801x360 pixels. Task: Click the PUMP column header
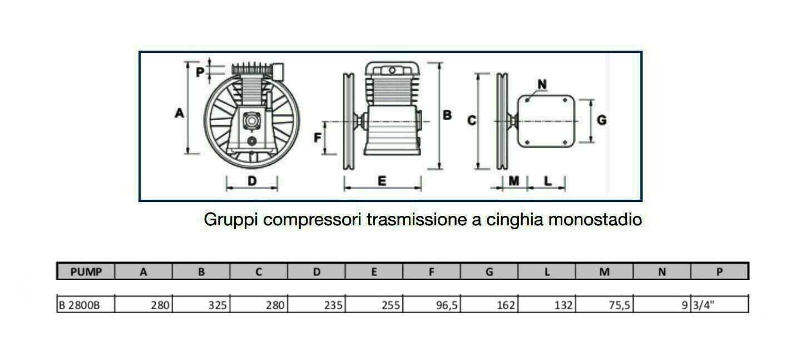click(x=86, y=272)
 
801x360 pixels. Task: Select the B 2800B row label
click(x=79, y=305)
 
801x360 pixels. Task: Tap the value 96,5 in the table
click(x=447, y=305)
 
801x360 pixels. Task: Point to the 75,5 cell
click(x=619, y=305)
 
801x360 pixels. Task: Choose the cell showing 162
click(x=506, y=305)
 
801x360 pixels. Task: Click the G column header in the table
click(x=489, y=272)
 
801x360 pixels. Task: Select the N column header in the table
click(x=662, y=272)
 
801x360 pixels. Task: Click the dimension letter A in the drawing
click(x=179, y=113)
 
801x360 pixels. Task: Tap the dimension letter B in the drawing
click(x=447, y=115)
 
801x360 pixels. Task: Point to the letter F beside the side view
click(x=317, y=137)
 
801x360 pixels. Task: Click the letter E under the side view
click(x=382, y=181)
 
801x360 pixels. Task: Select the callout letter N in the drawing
click(x=542, y=85)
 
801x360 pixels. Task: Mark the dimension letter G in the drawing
click(x=602, y=120)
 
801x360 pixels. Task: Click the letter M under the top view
click(x=514, y=181)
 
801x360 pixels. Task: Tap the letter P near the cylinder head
click(x=200, y=72)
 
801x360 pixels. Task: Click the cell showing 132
click(x=563, y=305)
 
